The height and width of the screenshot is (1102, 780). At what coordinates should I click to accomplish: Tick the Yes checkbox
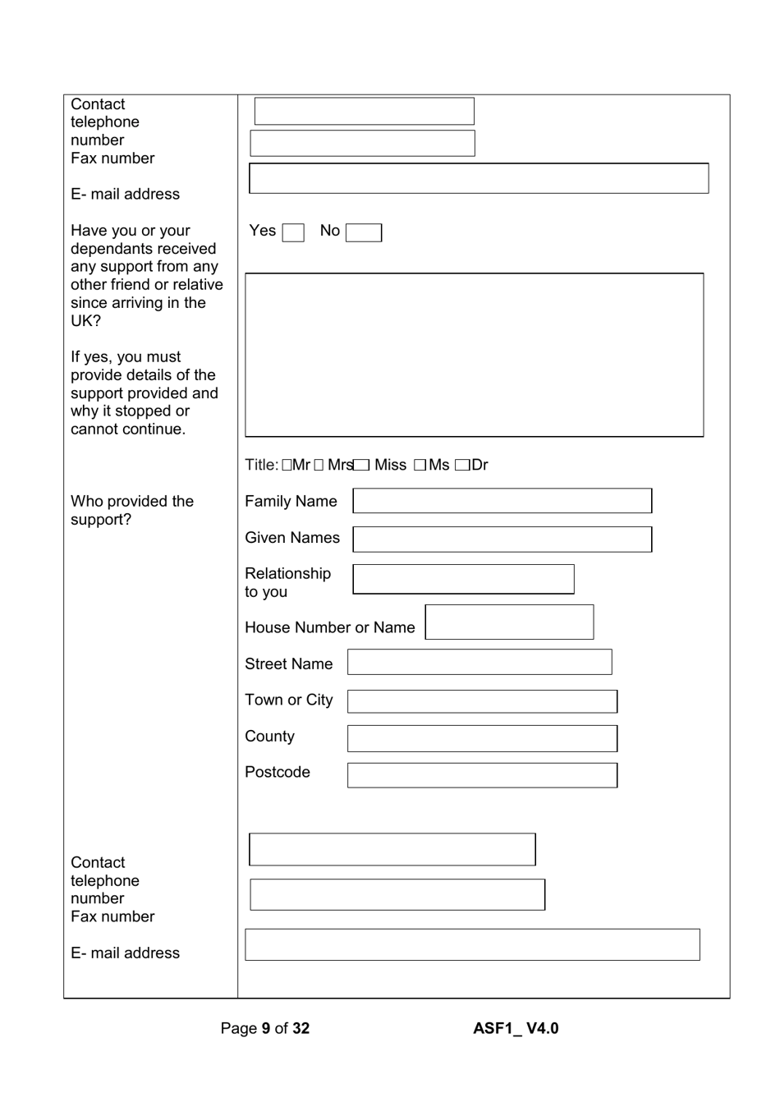click(x=293, y=233)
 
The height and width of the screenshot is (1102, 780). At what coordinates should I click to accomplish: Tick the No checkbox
click(x=363, y=233)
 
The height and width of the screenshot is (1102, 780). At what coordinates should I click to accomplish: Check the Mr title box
click(x=287, y=466)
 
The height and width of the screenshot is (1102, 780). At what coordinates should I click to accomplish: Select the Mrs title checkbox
click(x=319, y=466)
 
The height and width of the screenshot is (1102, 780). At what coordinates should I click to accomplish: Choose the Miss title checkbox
click(x=362, y=466)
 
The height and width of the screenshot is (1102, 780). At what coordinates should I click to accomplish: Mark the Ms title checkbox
click(x=420, y=466)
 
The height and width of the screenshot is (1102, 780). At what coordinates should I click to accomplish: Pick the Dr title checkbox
click(x=462, y=466)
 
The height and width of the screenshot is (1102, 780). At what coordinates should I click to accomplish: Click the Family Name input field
click(x=502, y=501)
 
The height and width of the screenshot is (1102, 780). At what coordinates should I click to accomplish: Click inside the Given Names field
click(x=502, y=540)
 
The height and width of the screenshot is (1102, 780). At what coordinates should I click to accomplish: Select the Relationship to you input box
click(x=463, y=579)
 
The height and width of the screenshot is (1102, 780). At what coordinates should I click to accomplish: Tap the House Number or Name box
click(x=509, y=622)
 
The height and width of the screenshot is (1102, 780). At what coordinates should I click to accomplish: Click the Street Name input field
click(x=479, y=662)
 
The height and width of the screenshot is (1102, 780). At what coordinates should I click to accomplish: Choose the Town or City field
click(x=482, y=701)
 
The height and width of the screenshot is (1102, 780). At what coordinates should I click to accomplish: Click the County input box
click(x=482, y=738)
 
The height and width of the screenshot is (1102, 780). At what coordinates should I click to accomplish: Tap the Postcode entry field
click(x=482, y=775)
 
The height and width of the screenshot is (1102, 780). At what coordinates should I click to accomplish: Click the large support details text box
click(x=474, y=355)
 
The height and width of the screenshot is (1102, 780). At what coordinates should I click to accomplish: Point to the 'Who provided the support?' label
click(x=132, y=510)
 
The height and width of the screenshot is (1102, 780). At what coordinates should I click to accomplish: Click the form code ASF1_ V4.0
click(x=516, y=1028)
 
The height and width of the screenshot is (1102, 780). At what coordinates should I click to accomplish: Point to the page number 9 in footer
click(x=266, y=1028)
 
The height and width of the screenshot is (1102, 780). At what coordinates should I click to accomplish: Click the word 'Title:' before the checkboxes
click(x=261, y=466)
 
